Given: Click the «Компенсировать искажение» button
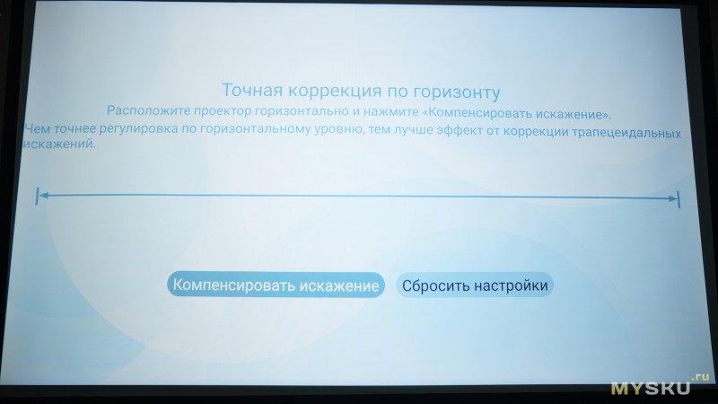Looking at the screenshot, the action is click(x=276, y=285).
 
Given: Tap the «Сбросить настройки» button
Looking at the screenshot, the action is click(x=475, y=285).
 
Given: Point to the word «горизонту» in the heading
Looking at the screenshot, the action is click(x=457, y=93).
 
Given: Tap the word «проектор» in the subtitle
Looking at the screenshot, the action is click(x=223, y=111).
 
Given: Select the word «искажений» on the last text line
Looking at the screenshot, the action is click(x=59, y=144).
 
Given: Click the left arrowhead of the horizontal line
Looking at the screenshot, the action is click(x=42, y=196).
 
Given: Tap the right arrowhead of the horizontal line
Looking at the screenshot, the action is click(x=672, y=198).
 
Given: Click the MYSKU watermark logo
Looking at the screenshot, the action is click(x=650, y=389).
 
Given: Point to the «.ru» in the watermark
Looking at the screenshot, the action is click(x=701, y=377).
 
